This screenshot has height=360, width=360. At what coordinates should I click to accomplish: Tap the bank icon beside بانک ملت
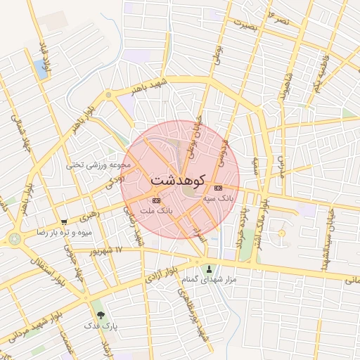pyautogui.click(x=156, y=201)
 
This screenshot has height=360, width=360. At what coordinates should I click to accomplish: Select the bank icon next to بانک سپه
pyautogui.click(x=218, y=188)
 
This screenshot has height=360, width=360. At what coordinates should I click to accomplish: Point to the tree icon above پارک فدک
pyautogui.click(x=100, y=314)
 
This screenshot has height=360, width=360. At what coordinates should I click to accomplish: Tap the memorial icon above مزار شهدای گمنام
pyautogui.click(x=208, y=268)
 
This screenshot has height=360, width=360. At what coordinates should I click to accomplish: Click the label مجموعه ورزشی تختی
pyautogui.click(x=98, y=165)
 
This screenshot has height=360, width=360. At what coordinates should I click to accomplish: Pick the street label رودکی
pyautogui.click(x=115, y=182)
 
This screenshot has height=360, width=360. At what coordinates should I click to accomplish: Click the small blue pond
pyautogui.click(x=40, y=69)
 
